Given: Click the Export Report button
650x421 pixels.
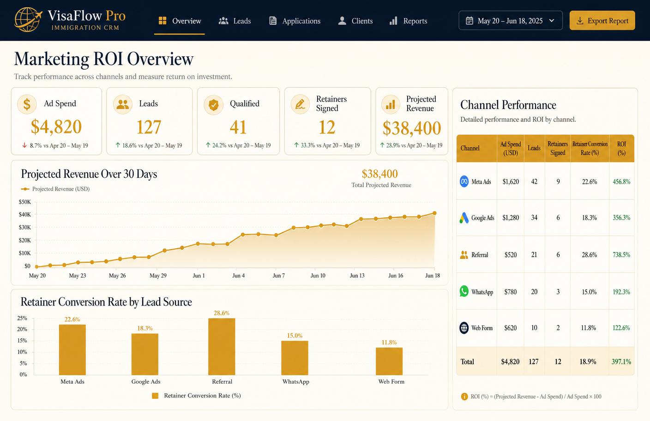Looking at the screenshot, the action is point(602,21).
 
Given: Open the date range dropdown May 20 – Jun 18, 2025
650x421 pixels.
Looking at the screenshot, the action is point(511,21).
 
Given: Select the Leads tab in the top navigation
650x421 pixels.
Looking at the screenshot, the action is point(235,21).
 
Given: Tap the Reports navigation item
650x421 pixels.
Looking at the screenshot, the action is point(408,21).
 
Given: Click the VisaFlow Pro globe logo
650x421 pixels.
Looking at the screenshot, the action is point(28,20).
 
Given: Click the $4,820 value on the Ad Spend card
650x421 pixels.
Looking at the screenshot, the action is point(56,127).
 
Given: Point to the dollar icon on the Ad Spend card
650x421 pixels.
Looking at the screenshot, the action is point(27,104).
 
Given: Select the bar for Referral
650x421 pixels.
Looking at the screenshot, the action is point(222,347).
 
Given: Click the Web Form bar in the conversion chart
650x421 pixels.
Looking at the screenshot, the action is point(389,361).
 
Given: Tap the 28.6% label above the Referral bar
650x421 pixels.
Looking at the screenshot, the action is point(222,313).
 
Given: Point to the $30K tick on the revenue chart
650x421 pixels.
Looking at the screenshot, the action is point(24,228).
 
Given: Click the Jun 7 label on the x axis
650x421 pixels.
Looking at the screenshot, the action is point(278,276).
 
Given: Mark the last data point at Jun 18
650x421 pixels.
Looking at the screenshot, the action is point(434,213).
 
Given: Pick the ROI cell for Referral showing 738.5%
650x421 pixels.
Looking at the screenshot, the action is point(621,255).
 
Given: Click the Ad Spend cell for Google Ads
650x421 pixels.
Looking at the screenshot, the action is point(511,217).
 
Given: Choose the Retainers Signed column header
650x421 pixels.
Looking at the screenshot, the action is point(558,148).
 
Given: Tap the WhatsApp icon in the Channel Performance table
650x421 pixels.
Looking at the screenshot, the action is point(464,291).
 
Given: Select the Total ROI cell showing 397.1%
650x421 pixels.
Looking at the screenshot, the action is point(621,361).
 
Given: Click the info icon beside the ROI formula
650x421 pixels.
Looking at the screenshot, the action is point(464,397).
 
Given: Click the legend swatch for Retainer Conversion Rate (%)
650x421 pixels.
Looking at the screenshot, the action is point(155,396).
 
